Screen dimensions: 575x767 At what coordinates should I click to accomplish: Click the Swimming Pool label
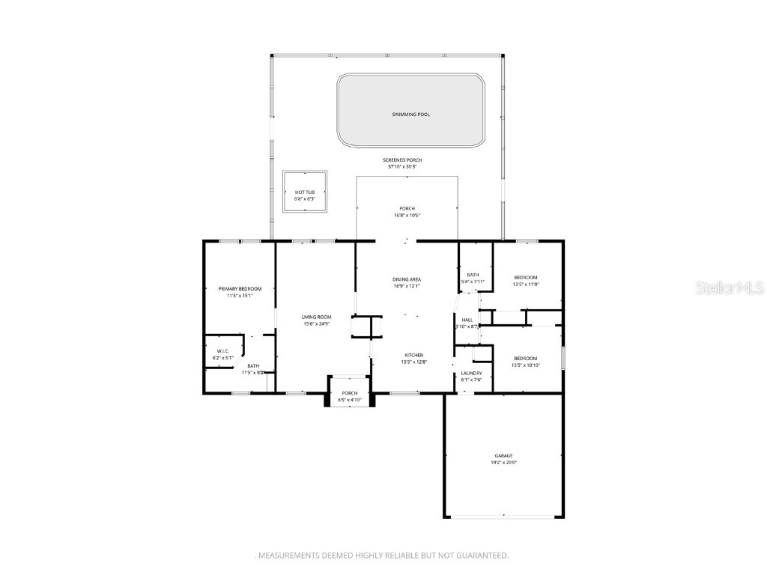click(411, 115)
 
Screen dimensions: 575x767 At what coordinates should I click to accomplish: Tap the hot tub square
click(306, 192)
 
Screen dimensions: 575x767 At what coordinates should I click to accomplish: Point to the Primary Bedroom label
click(240, 289)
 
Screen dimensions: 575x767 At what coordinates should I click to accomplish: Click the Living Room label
click(317, 317)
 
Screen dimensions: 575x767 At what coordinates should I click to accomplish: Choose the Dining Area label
click(407, 279)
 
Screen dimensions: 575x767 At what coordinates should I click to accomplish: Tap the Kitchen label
click(414, 355)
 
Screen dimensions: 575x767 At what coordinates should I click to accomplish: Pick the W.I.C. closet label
click(222, 351)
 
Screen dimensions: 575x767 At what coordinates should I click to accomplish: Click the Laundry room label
click(471, 373)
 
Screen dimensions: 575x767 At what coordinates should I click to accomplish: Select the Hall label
click(467, 320)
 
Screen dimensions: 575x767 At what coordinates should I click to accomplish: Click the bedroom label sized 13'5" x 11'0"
click(525, 278)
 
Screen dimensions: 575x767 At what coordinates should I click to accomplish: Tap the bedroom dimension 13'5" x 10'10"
click(525, 365)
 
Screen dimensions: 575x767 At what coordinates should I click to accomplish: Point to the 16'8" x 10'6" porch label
click(407, 216)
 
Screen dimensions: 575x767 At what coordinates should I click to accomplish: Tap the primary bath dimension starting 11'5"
click(252, 372)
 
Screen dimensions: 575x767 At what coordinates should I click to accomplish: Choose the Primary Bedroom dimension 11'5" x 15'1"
click(240, 296)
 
